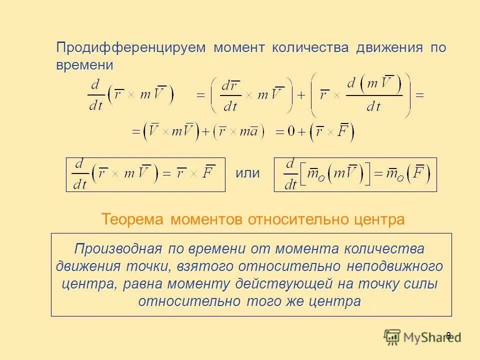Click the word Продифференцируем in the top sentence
click(x=131, y=47)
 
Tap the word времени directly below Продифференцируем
click(x=84, y=65)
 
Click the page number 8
click(x=448, y=335)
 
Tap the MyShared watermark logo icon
click(x=392, y=337)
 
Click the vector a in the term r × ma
click(x=254, y=131)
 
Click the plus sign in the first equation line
click(x=301, y=95)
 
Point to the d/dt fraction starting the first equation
click(x=94, y=95)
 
